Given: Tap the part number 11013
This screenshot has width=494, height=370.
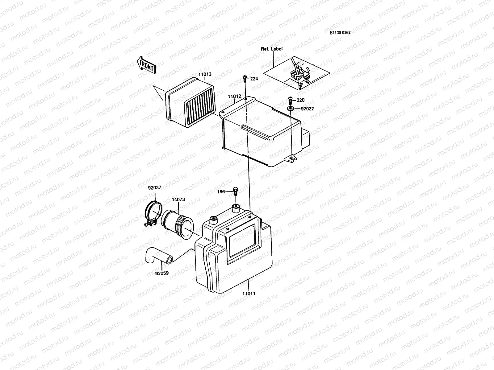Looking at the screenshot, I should tap(205, 74).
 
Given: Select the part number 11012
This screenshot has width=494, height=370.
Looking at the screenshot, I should tap(234, 97).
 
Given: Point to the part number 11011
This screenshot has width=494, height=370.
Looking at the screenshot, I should tap(249, 294).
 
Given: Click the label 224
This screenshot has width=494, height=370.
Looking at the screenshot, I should tap(254, 79).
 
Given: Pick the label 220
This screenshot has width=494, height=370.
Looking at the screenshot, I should tap(300, 100).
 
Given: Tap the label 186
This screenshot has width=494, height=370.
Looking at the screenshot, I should tap(221, 191).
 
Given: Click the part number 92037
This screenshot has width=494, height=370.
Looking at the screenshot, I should tap(154, 187).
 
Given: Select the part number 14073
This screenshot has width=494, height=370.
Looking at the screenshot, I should tap(178, 199).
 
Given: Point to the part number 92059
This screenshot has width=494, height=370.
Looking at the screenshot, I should tap(162, 273).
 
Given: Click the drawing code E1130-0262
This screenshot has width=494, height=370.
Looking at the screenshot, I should tap(340, 33).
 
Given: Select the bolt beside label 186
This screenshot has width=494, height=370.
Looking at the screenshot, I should tap(235, 191).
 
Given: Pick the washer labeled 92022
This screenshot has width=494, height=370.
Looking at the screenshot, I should tap(291, 109).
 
